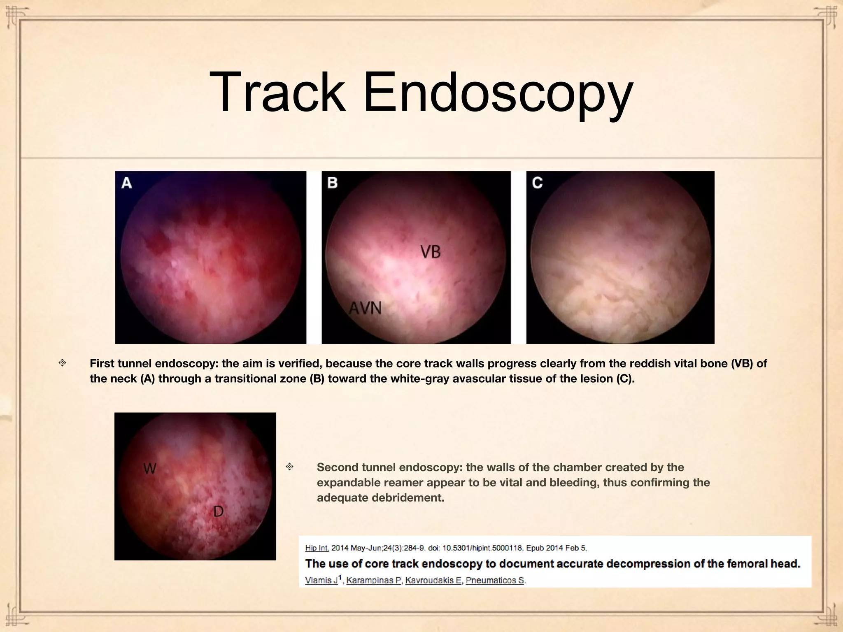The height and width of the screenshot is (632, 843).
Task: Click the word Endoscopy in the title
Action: point(498,93)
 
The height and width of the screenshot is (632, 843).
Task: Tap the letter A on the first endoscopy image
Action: point(126,182)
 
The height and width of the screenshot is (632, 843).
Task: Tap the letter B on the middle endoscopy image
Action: point(332,182)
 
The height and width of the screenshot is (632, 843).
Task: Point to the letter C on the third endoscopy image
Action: point(537,182)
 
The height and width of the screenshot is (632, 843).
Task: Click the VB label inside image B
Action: point(431,252)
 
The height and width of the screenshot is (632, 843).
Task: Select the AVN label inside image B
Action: point(366,308)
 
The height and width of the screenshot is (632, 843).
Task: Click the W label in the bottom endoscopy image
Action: point(150,468)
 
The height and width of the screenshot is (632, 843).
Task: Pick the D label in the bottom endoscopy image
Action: point(218,511)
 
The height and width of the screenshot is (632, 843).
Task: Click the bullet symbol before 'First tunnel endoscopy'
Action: point(62,363)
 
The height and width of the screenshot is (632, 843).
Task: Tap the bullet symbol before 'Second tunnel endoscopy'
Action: point(289,467)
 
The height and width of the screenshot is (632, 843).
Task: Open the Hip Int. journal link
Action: point(317,548)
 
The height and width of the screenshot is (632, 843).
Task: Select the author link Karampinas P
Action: point(373,580)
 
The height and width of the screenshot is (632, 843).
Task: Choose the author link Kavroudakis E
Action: point(433,580)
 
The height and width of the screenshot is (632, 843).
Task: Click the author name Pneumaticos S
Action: point(495,580)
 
